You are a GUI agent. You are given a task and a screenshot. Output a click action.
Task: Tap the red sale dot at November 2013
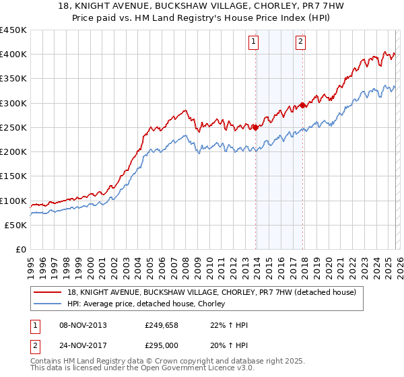[256, 127]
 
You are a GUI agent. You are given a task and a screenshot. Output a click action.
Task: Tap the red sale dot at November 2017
[304, 105]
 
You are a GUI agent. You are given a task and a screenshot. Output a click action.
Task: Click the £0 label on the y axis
[20, 250]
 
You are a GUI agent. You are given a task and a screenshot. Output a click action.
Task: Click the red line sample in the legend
[48, 292]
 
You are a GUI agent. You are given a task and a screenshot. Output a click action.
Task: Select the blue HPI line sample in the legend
[48, 304]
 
